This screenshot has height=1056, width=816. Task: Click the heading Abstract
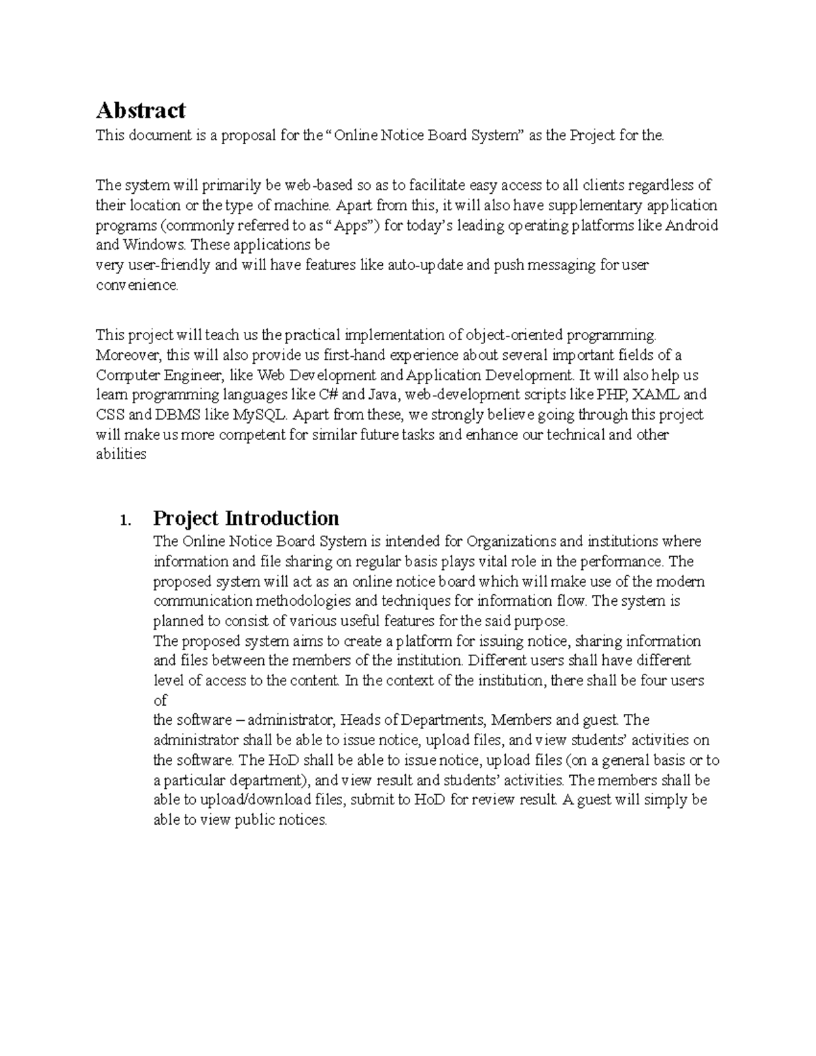point(140,110)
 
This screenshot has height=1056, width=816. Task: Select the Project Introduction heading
point(245,518)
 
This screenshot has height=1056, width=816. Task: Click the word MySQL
point(260,415)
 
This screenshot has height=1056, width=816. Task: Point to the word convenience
point(136,285)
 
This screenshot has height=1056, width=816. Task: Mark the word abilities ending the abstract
point(120,454)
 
